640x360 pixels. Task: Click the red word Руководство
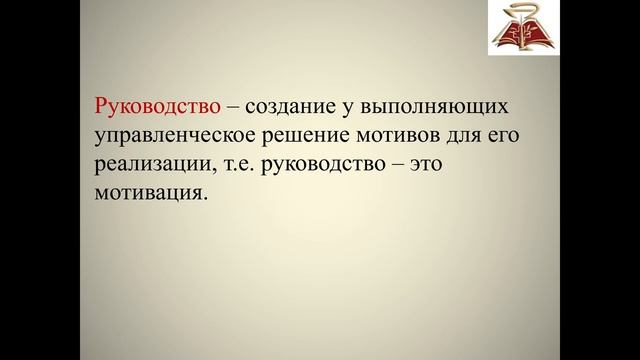(155, 105)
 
